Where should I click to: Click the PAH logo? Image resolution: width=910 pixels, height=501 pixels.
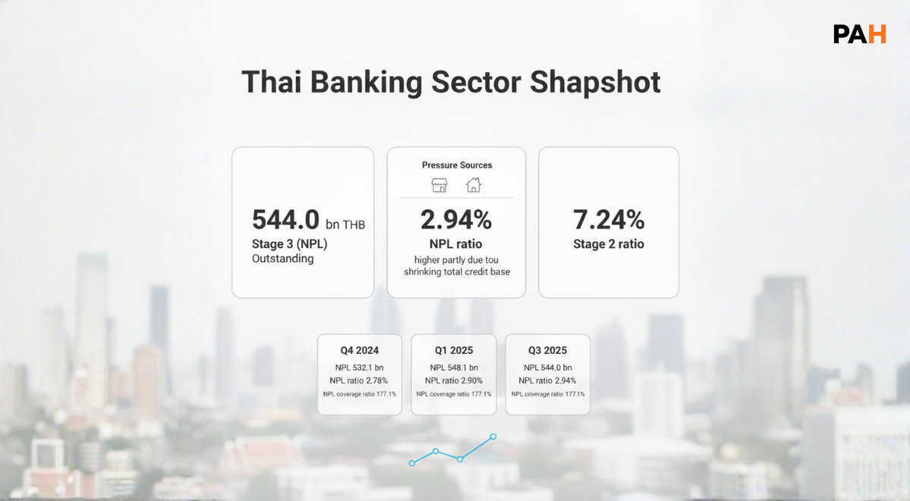(859, 34)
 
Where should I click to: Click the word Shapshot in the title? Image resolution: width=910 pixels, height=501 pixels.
(595, 82)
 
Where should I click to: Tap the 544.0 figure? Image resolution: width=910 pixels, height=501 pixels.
(285, 220)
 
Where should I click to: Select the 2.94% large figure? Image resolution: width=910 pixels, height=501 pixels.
(456, 220)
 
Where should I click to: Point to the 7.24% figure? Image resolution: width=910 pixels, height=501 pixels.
(608, 220)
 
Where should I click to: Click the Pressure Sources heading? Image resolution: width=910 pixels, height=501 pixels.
(457, 165)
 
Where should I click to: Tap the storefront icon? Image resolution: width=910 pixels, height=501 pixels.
(439, 185)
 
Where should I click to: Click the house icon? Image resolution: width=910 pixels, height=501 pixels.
(473, 185)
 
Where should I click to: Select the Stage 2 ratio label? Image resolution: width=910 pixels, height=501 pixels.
(608, 244)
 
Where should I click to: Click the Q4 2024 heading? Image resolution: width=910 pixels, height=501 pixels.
(359, 351)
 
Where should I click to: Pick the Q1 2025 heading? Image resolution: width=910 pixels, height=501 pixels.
(453, 351)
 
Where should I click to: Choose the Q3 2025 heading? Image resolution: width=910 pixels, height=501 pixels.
(548, 351)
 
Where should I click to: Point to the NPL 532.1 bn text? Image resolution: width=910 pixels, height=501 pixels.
(359, 368)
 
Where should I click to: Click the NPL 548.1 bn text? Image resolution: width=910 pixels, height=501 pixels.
(453, 368)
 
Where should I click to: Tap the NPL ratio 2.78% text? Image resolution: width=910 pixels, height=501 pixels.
(359, 380)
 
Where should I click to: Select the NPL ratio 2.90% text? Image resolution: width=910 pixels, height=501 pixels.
(453, 380)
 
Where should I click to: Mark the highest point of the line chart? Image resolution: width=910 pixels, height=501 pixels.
(493, 436)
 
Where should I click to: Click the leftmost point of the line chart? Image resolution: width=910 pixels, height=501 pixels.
(412, 462)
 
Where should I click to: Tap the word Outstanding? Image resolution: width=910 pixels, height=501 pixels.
(282, 259)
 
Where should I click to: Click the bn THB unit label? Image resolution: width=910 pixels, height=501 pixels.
(345, 225)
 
